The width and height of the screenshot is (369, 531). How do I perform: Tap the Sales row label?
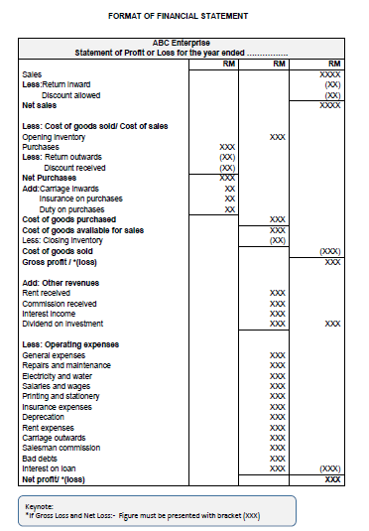(32, 74)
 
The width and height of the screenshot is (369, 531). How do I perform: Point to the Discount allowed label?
(70, 94)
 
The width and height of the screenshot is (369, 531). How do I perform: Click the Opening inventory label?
(54, 137)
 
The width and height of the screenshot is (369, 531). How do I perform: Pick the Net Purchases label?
(49, 178)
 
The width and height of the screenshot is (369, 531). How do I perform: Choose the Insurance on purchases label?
(81, 199)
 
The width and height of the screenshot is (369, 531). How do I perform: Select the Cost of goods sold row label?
(60, 251)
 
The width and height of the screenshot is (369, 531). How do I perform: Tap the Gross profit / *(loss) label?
(61, 262)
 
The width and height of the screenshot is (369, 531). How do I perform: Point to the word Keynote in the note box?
(40, 506)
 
